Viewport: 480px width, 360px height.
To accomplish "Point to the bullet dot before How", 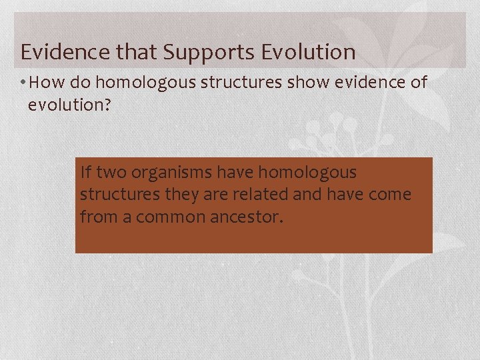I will (23, 83).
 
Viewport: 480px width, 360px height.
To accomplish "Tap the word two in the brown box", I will (112, 173).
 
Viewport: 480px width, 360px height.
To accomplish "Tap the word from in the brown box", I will (96, 217).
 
